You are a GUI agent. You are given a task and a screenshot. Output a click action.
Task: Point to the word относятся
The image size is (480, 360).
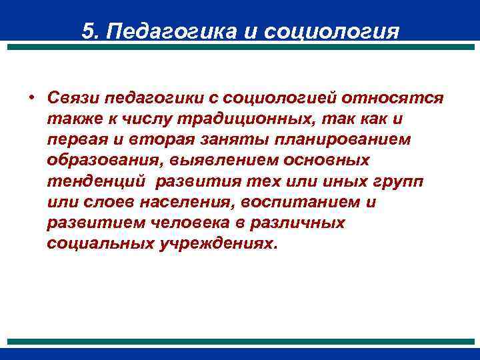tap(393, 98)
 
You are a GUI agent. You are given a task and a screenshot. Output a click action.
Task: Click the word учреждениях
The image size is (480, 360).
tap(217, 243)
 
